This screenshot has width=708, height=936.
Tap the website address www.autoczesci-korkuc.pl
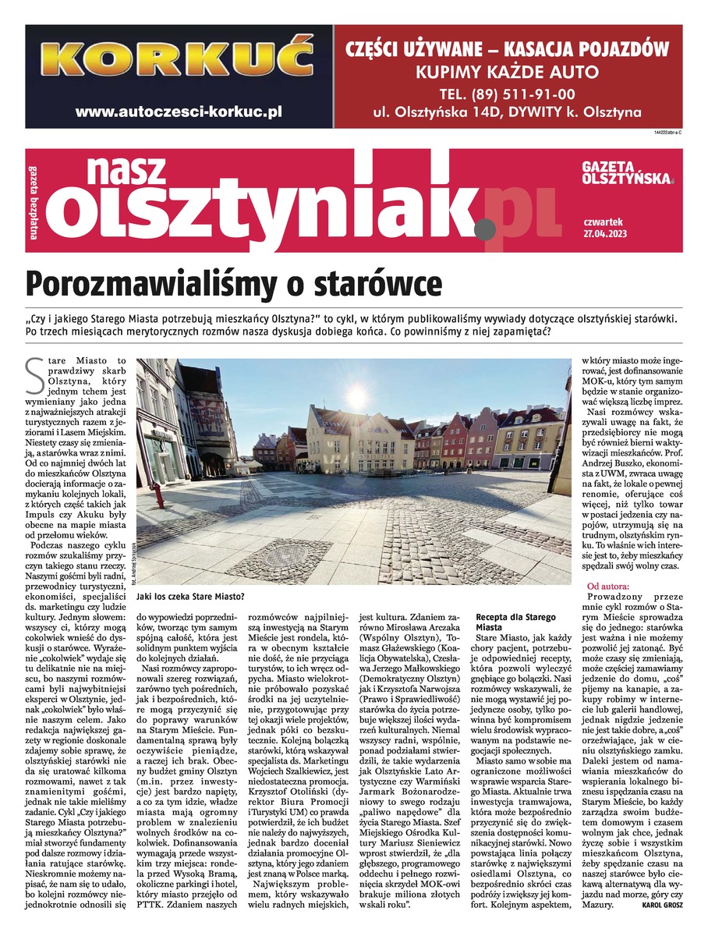(179, 112)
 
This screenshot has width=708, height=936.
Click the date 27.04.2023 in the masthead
(604, 233)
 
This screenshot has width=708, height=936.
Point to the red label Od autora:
(611, 585)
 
